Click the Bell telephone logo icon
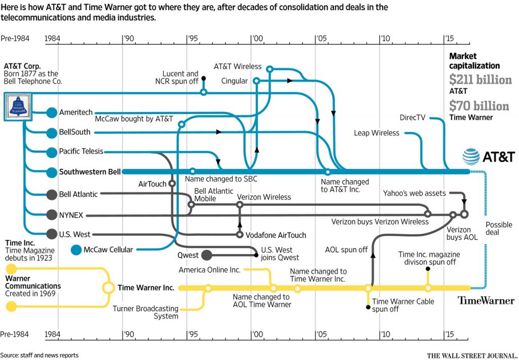pos(18,107)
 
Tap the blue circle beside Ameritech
pos(51,113)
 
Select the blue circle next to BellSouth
pos(51,132)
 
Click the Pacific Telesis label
pos(81,152)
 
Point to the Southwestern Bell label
pos(90,172)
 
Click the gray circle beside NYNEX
pos(51,215)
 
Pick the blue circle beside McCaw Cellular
pos(77,249)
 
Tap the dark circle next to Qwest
pos(207,255)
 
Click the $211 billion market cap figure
pos(480,80)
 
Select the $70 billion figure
pos(479,106)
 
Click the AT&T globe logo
pos(471,157)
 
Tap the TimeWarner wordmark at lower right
pos(486,301)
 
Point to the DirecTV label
pos(412,118)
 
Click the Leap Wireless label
pos(377,133)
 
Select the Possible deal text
pos(499,228)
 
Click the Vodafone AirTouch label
pos(276,235)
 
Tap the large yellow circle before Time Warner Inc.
pos(108,287)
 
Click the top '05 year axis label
pos(320,38)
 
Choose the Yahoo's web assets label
pos(414,193)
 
